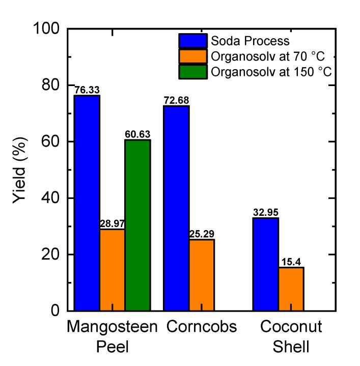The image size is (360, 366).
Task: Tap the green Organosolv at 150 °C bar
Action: point(137,224)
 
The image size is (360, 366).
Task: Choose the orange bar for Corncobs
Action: point(202,274)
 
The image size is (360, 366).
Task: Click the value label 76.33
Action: point(87,90)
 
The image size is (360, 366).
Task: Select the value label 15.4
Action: point(291,262)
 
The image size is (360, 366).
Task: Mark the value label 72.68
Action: point(176,100)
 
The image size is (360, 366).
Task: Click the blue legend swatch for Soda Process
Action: point(192,41)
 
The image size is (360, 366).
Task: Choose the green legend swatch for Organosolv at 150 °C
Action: point(192,72)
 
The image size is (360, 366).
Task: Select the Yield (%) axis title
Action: point(20,170)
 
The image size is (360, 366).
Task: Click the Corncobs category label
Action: point(202,327)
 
